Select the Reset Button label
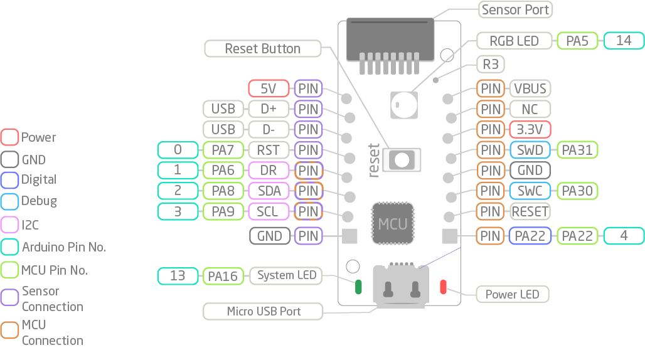click(262, 48)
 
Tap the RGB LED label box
click(514, 41)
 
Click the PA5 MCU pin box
click(577, 41)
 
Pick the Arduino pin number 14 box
click(624, 41)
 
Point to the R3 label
click(491, 64)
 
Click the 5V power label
click(269, 88)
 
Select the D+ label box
click(269, 109)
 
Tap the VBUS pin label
click(530, 88)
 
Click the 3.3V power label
click(530, 129)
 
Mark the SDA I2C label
click(269, 191)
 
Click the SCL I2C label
click(269, 211)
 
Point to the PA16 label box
click(223, 276)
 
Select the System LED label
click(287, 275)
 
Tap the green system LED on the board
click(359, 287)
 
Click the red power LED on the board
click(443, 287)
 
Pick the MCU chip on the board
click(393, 223)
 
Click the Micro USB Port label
click(263, 311)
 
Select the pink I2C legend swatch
click(10, 225)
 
